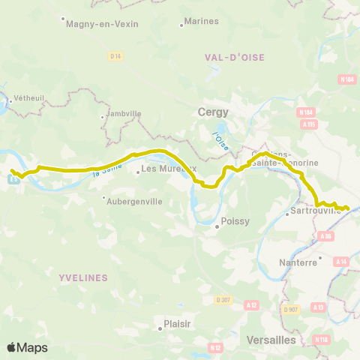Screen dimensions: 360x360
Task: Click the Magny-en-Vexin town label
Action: [x=103, y=24]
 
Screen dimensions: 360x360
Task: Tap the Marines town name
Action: [x=200, y=21]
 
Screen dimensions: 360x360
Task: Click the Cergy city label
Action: [x=212, y=111]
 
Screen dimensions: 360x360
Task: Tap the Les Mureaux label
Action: [x=168, y=169]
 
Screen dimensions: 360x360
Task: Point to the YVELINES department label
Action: [x=83, y=277]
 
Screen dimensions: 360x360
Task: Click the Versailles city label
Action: [x=270, y=340]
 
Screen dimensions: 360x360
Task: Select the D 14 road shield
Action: [x=115, y=56]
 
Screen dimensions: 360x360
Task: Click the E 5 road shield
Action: [x=13, y=178]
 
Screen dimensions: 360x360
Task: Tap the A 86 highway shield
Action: [x=326, y=237]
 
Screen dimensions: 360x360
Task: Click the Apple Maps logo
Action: [x=27, y=348]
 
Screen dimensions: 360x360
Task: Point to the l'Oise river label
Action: [x=219, y=141]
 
